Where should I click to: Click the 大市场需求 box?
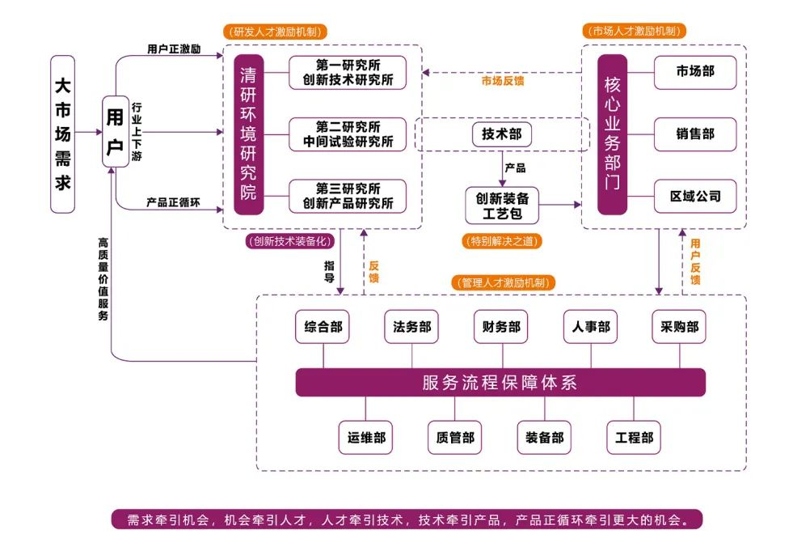(x=62, y=134)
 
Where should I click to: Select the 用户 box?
(x=116, y=131)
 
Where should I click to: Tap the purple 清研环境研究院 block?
(x=248, y=134)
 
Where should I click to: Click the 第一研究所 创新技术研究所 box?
(x=348, y=73)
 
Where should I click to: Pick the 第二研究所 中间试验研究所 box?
(x=348, y=134)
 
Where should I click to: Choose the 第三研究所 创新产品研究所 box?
(x=348, y=196)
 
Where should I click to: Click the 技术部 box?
(x=502, y=134)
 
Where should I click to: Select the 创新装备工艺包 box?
(x=502, y=206)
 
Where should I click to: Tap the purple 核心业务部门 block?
(x=612, y=134)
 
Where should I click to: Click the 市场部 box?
(x=695, y=73)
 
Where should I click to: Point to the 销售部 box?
(x=695, y=134)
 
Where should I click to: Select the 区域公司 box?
(x=695, y=196)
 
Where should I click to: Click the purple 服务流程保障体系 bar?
(x=500, y=383)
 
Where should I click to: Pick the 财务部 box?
(x=501, y=328)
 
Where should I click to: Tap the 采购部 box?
(x=680, y=328)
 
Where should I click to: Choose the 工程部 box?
(x=635, y=438)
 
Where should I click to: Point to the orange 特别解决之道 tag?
(x=501, y=241)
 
